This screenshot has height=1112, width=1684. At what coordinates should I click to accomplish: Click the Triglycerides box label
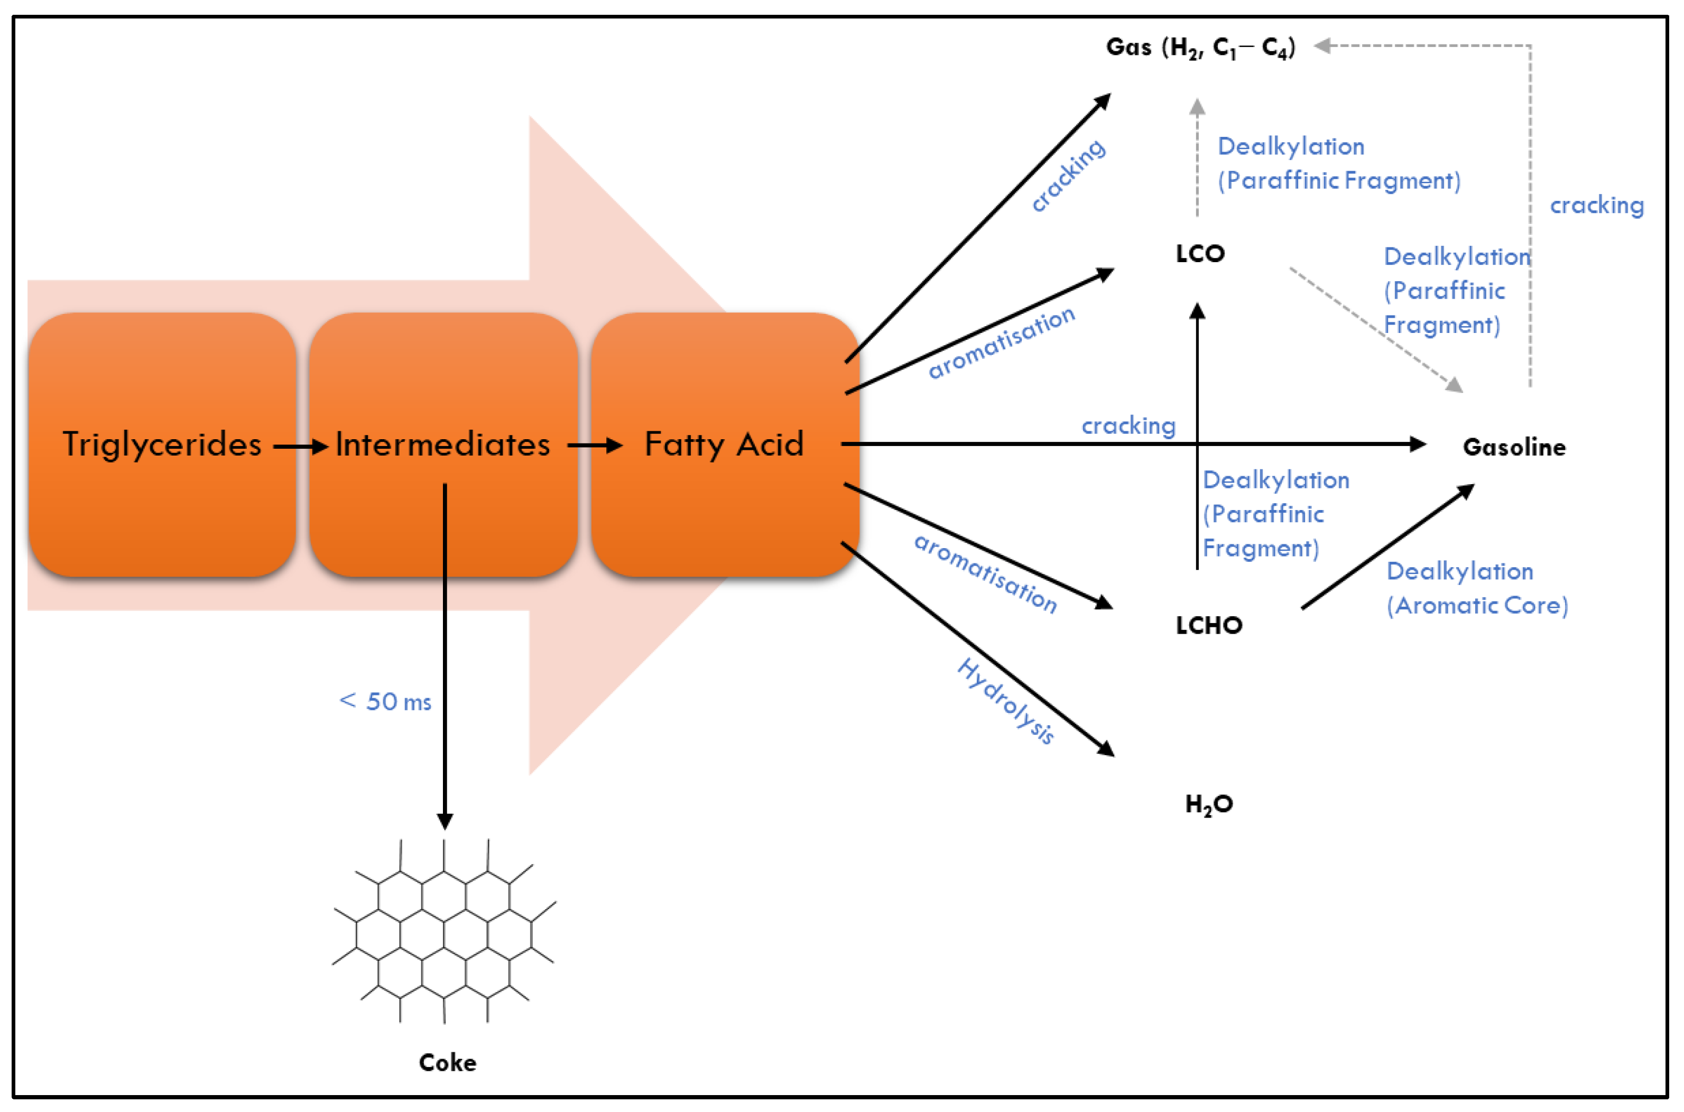162,444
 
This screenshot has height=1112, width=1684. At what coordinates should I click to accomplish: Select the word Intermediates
442,444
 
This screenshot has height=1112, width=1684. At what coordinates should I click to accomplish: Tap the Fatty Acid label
724,444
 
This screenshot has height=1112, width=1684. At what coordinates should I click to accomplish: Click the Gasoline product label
1514,448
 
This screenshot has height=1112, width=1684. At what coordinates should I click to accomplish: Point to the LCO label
1200,254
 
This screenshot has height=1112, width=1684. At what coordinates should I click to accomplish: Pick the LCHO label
1209,626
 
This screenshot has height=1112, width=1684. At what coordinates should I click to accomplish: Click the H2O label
1209,804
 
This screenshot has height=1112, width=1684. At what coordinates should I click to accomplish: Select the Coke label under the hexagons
447,1062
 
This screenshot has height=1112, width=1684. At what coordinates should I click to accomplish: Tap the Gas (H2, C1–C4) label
1200,48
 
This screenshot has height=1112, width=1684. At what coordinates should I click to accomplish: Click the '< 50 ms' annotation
385,701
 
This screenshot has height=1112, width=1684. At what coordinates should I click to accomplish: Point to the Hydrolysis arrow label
1005,701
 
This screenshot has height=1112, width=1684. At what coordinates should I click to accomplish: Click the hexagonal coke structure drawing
444,930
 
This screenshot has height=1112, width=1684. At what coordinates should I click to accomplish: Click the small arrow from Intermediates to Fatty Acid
594,446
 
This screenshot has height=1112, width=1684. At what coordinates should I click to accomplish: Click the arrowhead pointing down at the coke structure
445,821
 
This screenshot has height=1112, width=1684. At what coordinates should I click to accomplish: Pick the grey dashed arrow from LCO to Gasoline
1375,329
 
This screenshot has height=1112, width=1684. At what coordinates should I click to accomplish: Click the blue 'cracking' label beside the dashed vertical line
1596,206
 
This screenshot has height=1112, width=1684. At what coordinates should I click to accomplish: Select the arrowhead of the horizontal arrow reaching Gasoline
1417,444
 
